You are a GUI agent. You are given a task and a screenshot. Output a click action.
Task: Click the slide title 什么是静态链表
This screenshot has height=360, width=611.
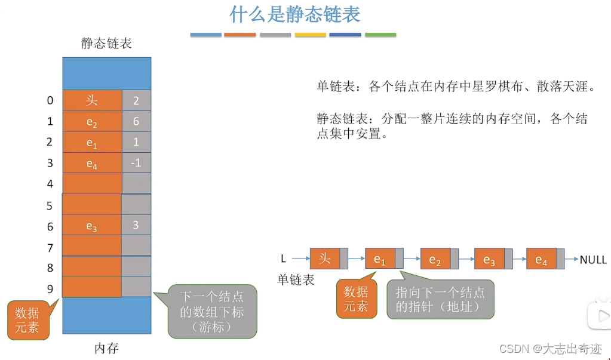(295, 14)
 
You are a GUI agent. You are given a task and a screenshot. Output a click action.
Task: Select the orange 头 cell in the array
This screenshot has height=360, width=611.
(92, 100)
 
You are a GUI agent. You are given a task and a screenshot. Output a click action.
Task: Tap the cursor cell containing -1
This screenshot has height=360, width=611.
(136, 162)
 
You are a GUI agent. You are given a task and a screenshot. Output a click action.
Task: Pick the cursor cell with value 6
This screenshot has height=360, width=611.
(136, 121)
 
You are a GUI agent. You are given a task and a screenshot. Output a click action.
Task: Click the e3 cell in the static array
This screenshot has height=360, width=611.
(92, 226)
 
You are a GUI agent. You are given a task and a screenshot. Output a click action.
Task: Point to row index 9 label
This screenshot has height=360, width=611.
(50, 289)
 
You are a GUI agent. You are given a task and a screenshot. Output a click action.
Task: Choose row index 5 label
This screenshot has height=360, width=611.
(50, 206)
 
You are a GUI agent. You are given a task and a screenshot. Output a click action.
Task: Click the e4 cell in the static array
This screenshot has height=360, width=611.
(92, 163)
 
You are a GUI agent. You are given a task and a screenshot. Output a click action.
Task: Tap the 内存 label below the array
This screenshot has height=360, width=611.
(106, 348)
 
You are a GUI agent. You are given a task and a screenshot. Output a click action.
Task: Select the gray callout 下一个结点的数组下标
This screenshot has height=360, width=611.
(213, 311)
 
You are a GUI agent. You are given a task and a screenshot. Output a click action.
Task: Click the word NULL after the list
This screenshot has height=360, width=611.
(593, 260)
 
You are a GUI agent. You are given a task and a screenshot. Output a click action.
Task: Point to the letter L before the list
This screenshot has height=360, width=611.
(284, 259)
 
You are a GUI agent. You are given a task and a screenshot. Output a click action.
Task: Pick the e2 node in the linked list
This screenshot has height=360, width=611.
(435, 260)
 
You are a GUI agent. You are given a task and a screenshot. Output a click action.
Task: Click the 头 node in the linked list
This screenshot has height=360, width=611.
(325, 259)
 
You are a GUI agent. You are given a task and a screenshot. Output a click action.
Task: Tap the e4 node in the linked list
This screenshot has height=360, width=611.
(541, 260)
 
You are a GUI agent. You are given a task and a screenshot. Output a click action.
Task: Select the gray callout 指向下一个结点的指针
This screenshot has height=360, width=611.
(441, 299)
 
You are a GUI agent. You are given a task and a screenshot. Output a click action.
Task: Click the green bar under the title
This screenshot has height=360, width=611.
(380, 35)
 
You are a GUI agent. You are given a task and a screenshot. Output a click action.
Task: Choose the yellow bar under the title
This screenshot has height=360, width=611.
(311, 35)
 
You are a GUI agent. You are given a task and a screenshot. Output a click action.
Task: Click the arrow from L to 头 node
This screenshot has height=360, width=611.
(300, 259)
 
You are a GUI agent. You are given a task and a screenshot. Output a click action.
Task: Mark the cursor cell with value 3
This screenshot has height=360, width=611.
(136, 225)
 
